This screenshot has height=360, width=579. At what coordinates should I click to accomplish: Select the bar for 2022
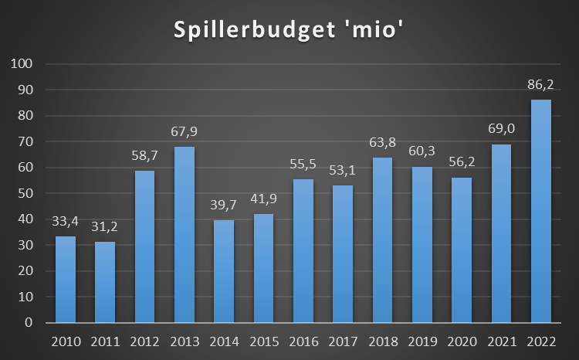coord(540,211)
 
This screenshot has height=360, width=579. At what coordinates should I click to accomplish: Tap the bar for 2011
coord(105,282)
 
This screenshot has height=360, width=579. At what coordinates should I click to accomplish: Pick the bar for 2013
coord(185,234)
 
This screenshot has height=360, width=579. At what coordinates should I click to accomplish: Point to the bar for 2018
coord(382,239)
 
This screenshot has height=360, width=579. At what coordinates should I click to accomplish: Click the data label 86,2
coord(540,84)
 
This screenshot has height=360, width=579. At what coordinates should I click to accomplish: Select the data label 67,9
coord(185,131)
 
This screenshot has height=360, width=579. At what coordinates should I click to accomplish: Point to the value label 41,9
coord(263,199)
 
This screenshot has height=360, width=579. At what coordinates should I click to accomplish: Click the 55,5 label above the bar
coord(303,164)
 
